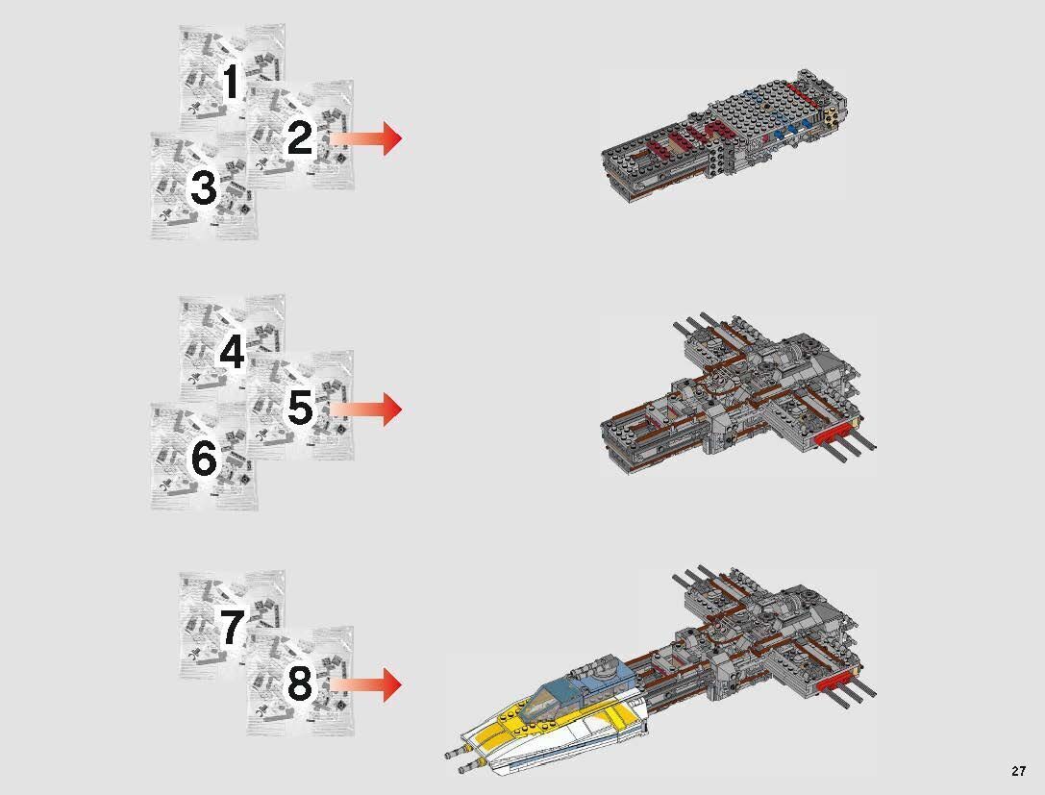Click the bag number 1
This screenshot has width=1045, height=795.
231,83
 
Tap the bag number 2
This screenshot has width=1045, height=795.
300,139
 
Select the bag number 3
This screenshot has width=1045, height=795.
204,188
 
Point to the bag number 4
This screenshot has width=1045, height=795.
231,352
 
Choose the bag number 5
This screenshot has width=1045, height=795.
300,409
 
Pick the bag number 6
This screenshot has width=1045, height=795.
204,459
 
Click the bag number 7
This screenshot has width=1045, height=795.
231,628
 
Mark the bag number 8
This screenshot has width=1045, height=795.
300,684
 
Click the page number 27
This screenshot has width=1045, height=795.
1018,771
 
